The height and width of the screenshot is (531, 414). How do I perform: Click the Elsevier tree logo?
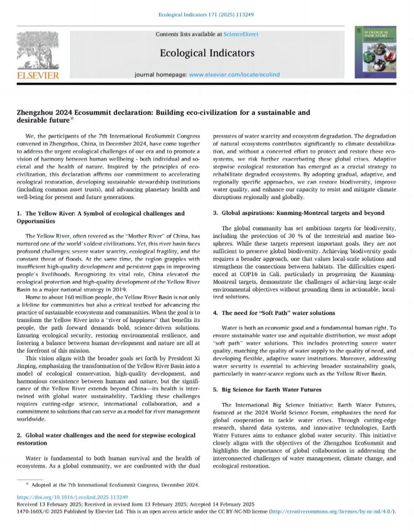tap(37, 50)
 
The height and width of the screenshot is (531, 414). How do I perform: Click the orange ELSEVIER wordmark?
tap(38, 76)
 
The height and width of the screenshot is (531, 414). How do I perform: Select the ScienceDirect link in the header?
tap(241, 34)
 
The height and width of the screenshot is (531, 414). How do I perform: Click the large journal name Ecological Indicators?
tap(207, 53)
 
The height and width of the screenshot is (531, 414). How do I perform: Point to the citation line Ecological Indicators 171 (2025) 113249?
tap(206, 14)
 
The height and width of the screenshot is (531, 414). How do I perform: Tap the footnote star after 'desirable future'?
tap(71, 120)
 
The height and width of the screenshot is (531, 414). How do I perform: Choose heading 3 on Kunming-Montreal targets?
tap(299, 213)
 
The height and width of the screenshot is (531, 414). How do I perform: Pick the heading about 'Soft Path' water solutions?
tap(278, 313)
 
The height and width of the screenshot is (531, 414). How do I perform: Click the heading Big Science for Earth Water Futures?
tap(271, 389)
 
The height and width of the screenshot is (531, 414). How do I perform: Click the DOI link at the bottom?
tap(72, 498)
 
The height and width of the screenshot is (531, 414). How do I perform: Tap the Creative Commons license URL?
tap(332, 512)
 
